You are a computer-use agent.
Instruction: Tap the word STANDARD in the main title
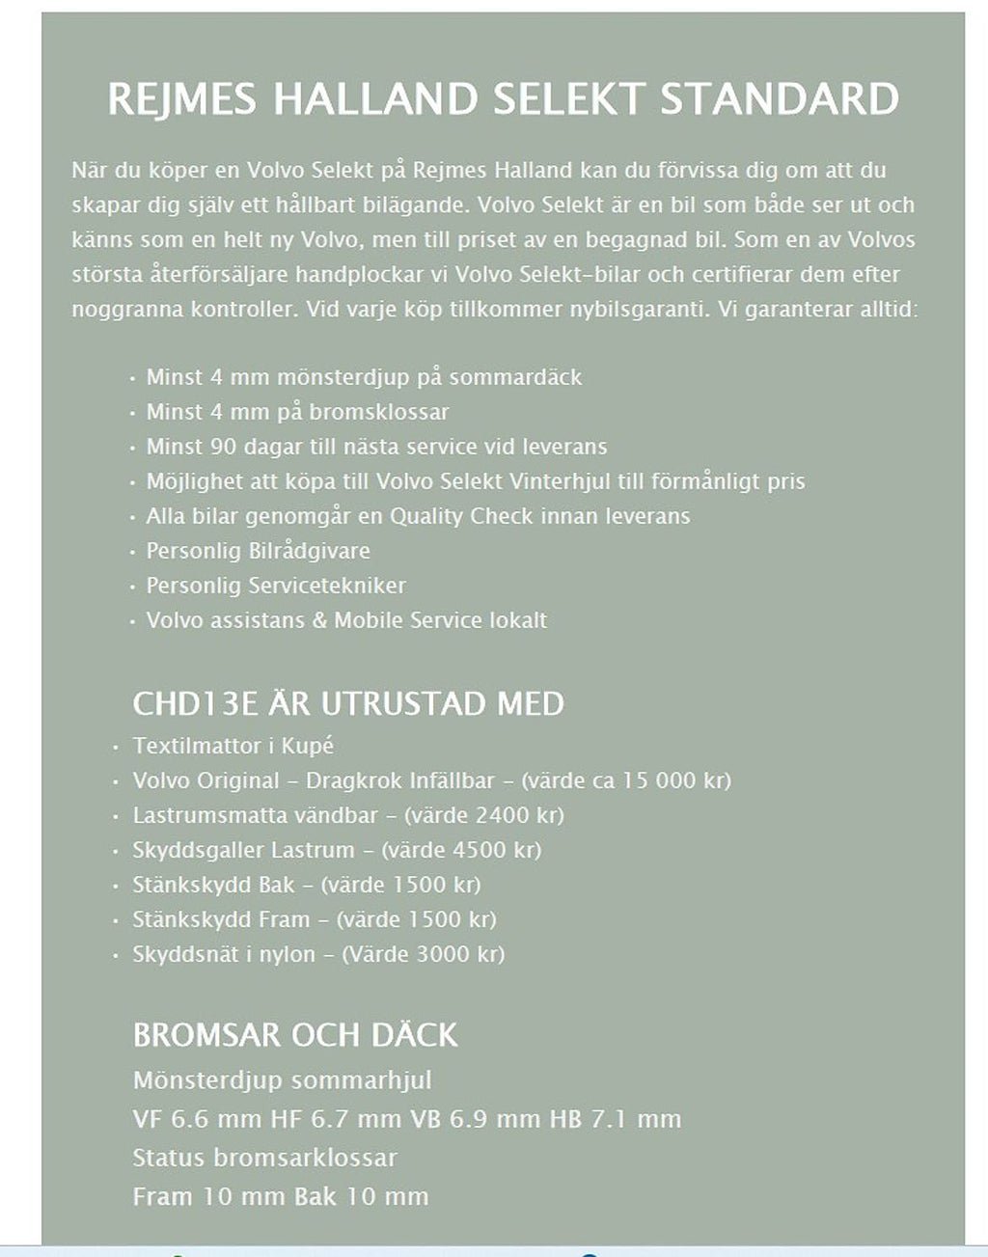click(780, 99)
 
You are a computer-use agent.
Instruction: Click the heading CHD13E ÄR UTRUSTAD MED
click(348, 703)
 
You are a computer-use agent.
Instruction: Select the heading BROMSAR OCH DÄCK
click(295, 1035)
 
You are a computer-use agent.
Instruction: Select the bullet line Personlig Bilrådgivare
click(258, 551)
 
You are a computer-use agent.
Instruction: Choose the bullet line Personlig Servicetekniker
click(276, 586)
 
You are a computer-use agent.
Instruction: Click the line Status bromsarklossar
click(265, 1158)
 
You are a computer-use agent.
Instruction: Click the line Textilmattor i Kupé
click(233, 746)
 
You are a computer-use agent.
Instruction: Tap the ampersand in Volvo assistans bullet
click(319, 620)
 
